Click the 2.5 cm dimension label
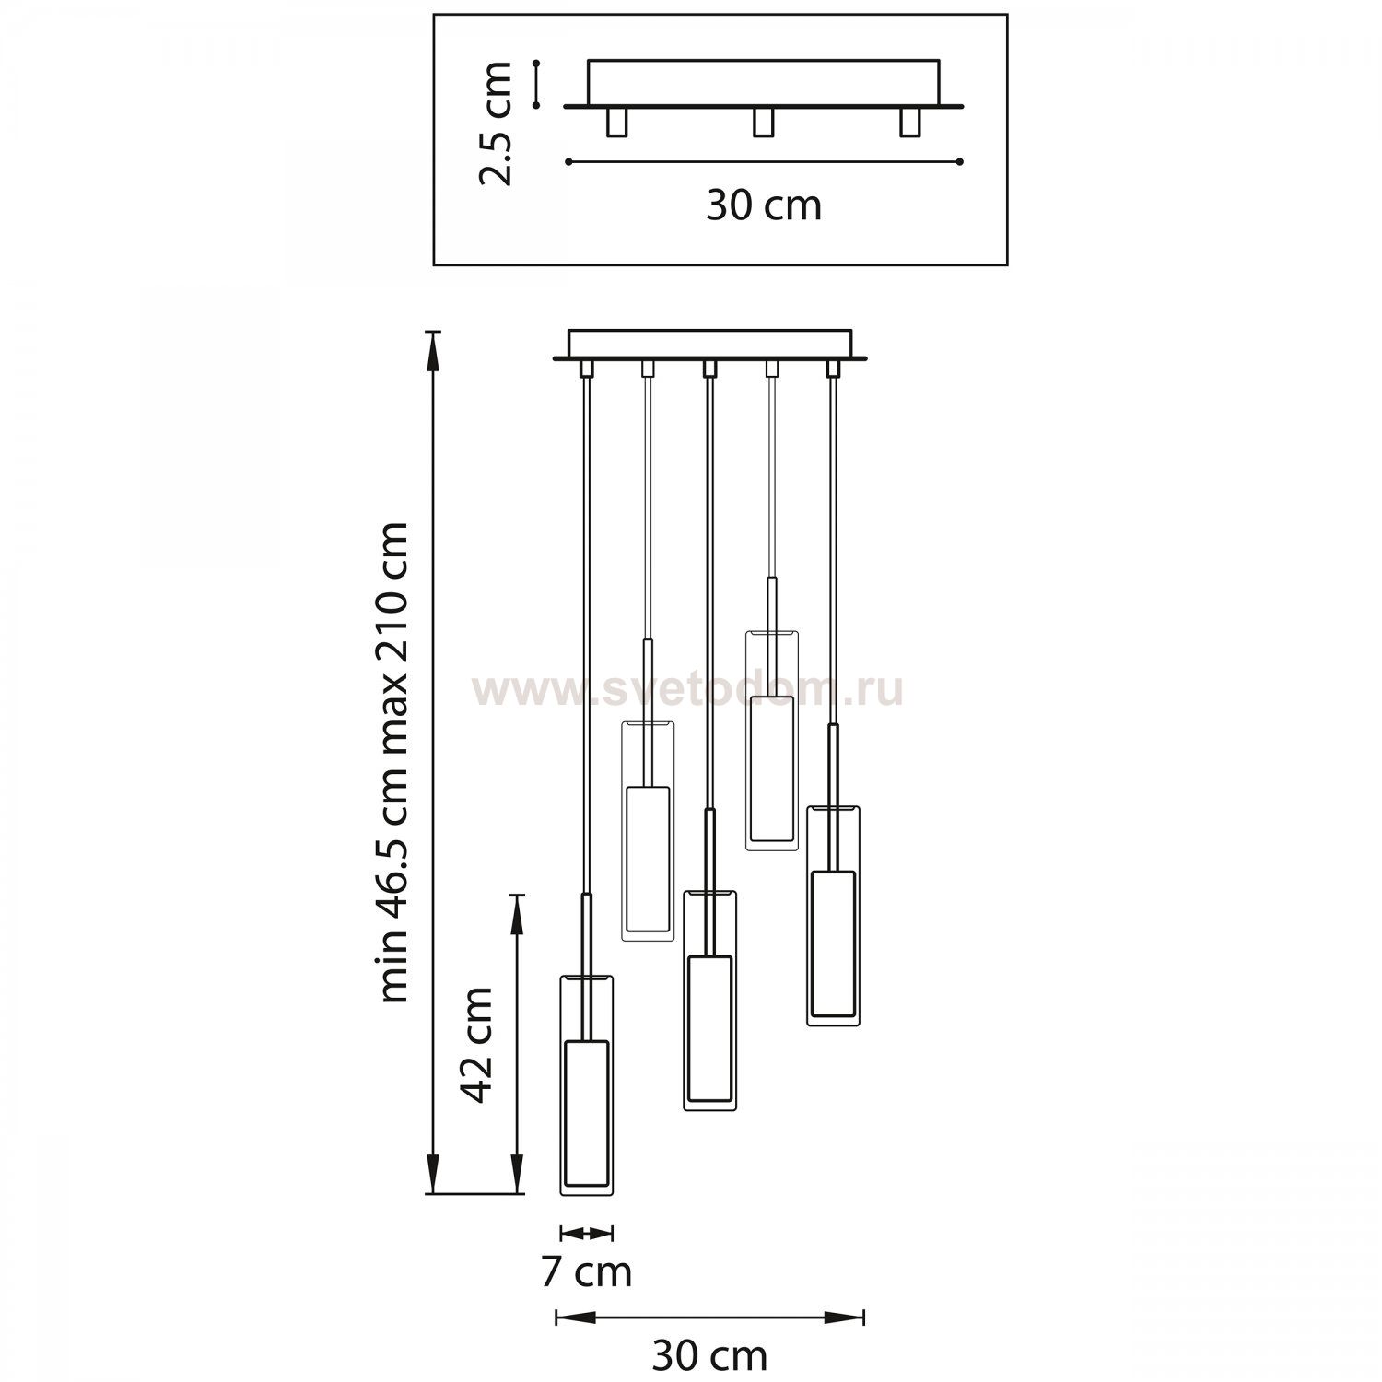pyautogui.click(x=497, y=123)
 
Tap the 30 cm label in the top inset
pyautogui.click(x=764, y=205)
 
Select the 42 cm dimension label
pyautogui.click(x=477, y=1044)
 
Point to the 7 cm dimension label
pyautogui.click(x=586, y=1272)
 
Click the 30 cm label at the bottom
pyautogui.click(x=709, y=1355)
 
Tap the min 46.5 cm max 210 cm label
pyautogui.click(x=393, y=762)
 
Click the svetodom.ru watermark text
pyautogui.click(x=687, y=691)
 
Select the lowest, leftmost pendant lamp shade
pyautogui.click(x=587, y=1084)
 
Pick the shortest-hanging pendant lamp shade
pyautogui.click(x=772, y=740)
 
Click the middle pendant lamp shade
pyautogui.click(x=709, y=1000)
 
